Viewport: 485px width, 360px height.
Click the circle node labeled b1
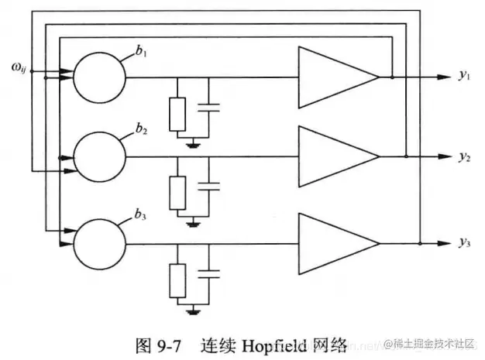click(x=99, y=77)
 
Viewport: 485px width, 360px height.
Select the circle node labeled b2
click(x=99, y=157)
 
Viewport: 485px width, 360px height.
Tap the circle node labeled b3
click(x=99, y=242)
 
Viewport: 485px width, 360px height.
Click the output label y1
click(x=463, y=76)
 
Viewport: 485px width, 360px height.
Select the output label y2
click(x=463, y=157)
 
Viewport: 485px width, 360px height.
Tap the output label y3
click(x=463, y=244)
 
